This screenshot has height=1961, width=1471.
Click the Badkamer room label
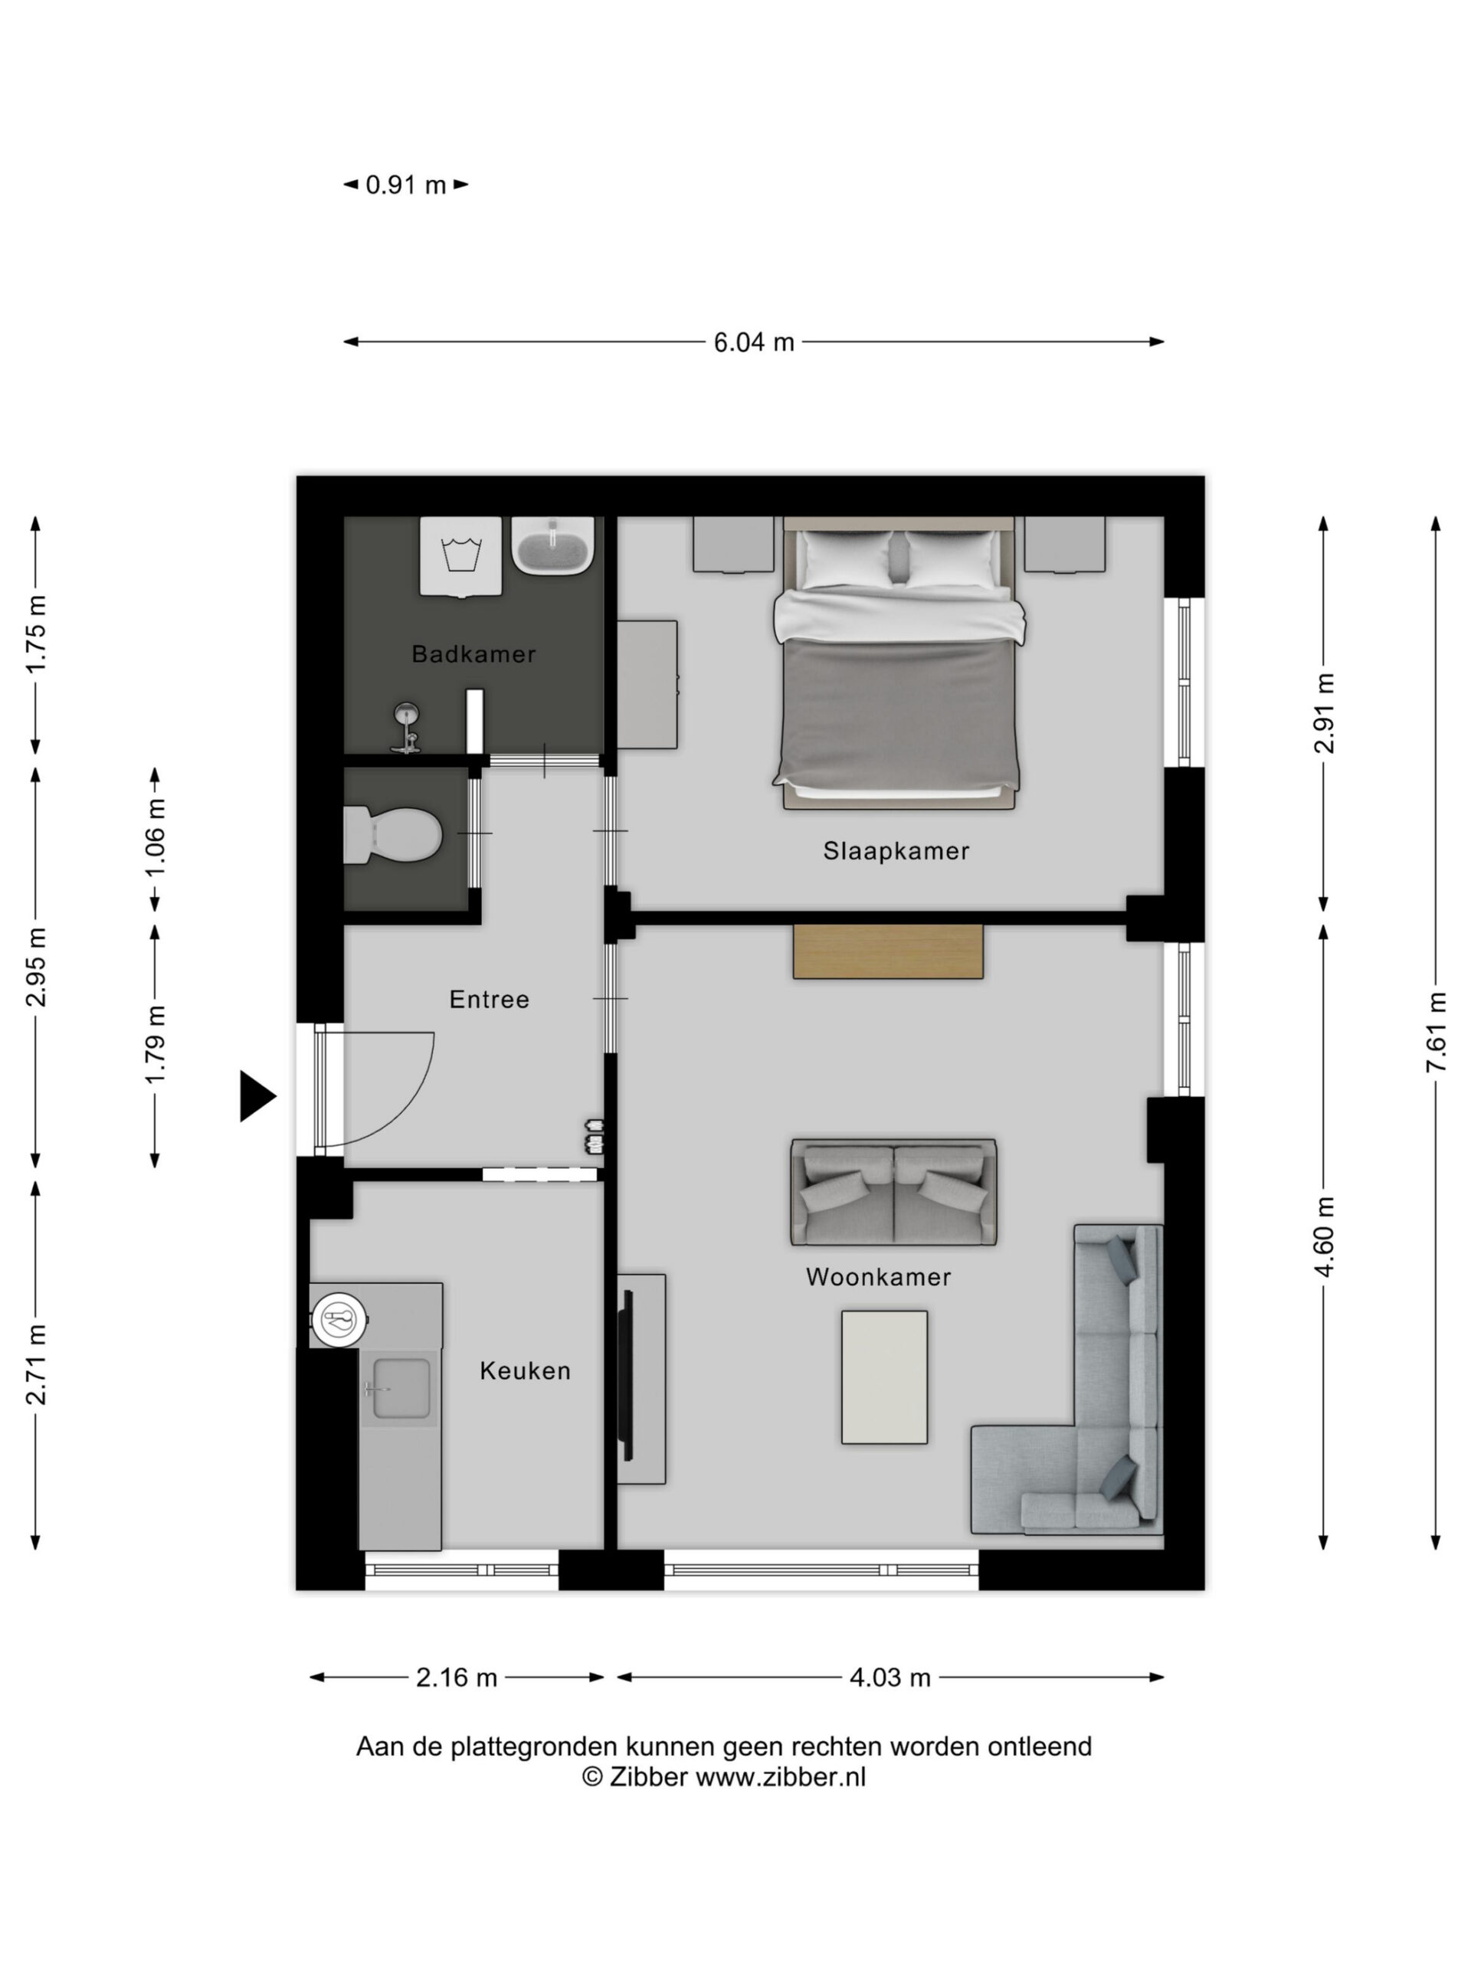coord(473,654)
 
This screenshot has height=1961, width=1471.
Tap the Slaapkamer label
coord(896,851)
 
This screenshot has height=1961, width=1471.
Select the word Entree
coord(489,999)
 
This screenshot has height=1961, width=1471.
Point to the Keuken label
coord(525,1370)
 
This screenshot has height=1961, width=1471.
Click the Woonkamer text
coord(878,1277)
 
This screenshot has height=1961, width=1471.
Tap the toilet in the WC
coord(393,834)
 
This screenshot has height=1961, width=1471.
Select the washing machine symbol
coord(461,557)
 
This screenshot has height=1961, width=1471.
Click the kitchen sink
coord(401,1388)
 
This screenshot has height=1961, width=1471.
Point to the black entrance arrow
coord(257,1097)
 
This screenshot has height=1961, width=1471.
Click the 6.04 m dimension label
coord(754,342)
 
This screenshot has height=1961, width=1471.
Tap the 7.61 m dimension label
coord(1437,1032)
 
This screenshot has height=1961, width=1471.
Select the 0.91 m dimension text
coord(406,185)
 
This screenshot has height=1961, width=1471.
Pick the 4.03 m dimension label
coord(890,1678)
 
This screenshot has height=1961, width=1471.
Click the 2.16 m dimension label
coord(457,1678)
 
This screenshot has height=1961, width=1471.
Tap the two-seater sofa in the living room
coord(894,1193)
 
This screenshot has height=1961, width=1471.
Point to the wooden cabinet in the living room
coord(887,951)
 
